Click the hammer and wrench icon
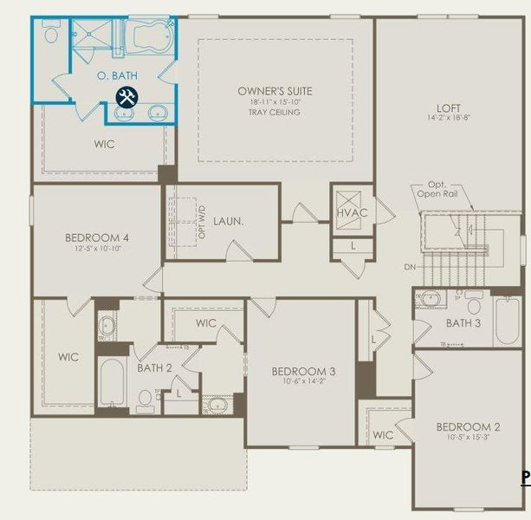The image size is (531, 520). coord(126,97)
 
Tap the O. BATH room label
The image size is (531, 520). coord(113,76)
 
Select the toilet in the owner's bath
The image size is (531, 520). coord(50,33)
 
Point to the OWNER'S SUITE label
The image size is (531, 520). coord(275,91)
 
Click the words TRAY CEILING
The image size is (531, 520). coord(275,112)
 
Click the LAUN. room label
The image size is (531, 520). coord(228,221)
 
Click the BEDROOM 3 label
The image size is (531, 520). coord(303,372)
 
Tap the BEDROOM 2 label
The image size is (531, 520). coord(468,426)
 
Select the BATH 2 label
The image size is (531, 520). coord(155,367)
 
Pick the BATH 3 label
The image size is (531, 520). coord(463,323)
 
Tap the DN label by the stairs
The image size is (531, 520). coord(409,268)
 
